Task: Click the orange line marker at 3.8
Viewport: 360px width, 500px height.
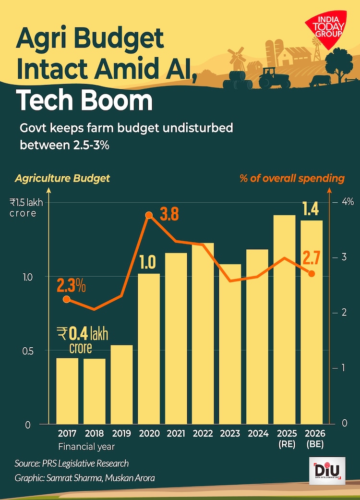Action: pyautogui.click(x=149, y=215)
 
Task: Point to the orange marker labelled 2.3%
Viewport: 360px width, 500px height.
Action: pyautogui.click(x=67, y=299)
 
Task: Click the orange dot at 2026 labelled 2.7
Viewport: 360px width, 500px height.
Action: pyautogui.click(x=312, y=273)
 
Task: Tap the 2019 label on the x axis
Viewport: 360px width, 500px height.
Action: pyautogui.click(x=121, y=433)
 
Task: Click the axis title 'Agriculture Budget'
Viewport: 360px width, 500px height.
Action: pyautogui.click(x=62, y=178)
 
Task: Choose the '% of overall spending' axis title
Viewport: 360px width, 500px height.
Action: pyautogui.click(x=292, y=178)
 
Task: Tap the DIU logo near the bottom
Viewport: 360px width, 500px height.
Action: pyautogui.click(x=327, y=470)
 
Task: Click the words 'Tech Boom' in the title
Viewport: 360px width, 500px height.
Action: pyautogui.click(x=84, y=101)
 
